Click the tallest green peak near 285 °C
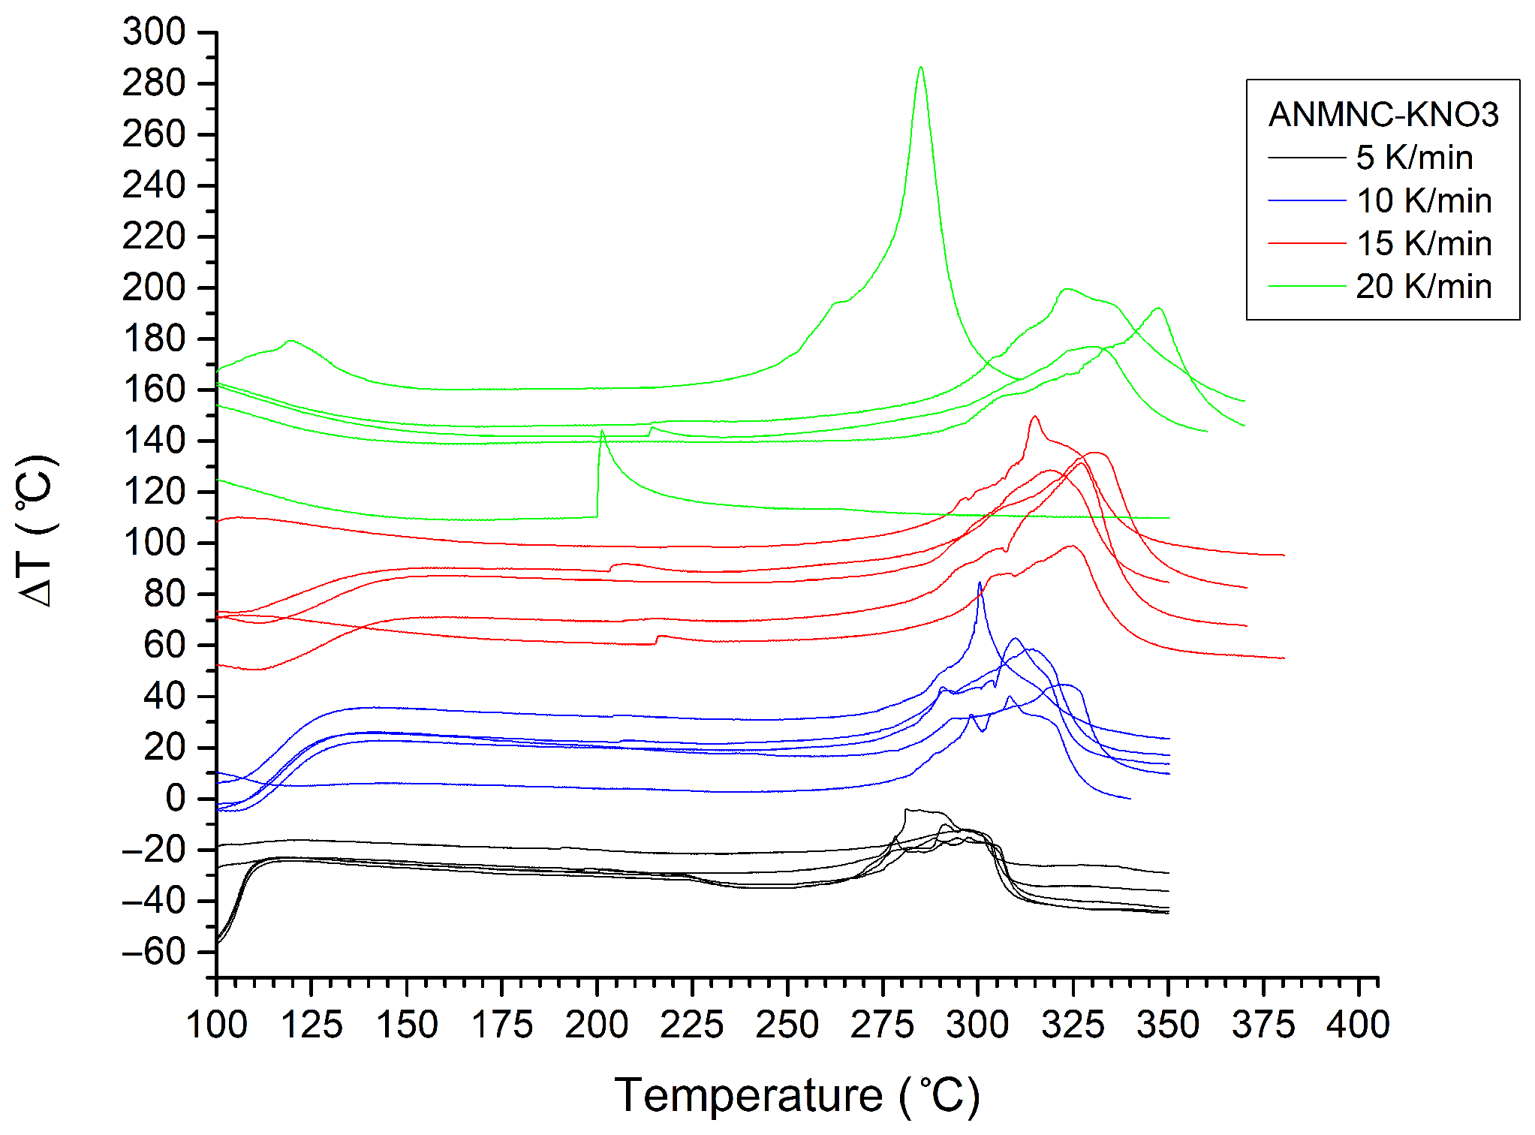(920, 68)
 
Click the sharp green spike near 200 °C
(602, 432)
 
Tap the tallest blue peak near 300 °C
(980, 584)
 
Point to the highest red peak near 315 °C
(1035, 417)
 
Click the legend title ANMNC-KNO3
(1383, 115)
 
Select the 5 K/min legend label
(1414, 158)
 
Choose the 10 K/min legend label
(1423, 200)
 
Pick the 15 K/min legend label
(1423, 243)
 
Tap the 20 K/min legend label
(1423, 286)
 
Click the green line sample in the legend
(1307, 286)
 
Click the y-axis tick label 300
(154, 32)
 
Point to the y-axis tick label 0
(175, 799)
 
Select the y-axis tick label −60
(154, 952)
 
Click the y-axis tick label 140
(154, 441)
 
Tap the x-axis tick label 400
(1358, 1025)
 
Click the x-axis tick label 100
(217, 1025)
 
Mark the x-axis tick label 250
(787, 1025)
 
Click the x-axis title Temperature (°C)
(797, 1095)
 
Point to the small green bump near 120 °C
(290, 342)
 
